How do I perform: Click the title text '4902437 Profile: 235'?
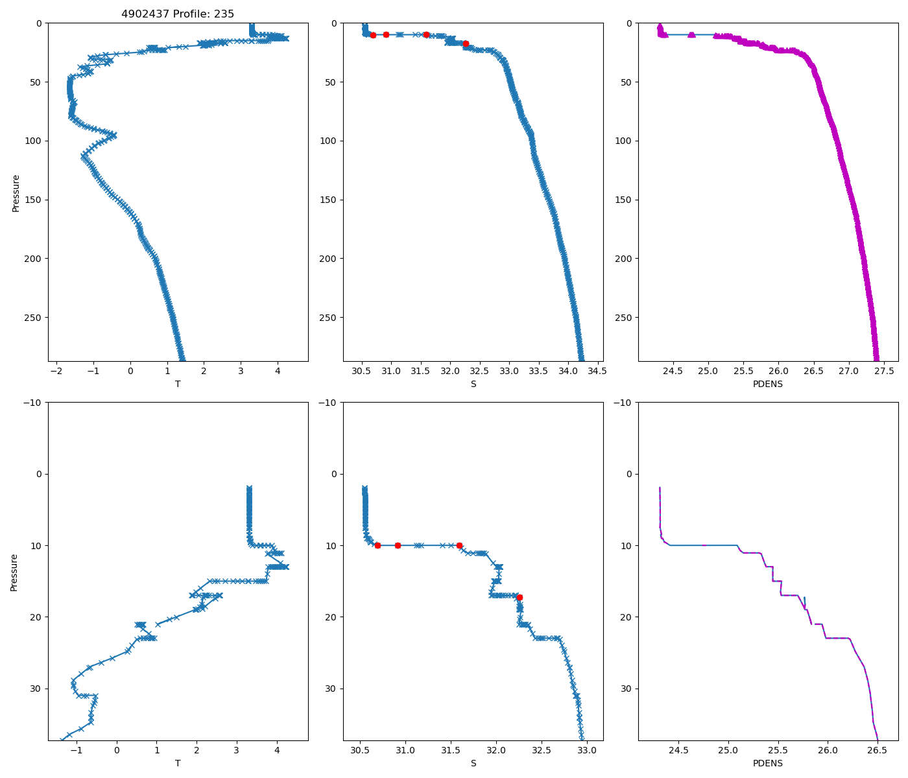coord(178,14)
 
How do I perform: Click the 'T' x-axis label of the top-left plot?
coord(178,384)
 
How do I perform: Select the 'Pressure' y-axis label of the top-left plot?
coord(16,193)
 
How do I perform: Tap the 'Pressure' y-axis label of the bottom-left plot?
coord(14,572)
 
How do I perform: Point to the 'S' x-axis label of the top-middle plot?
coord(473,384)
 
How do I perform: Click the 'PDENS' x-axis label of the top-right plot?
coord(767,384)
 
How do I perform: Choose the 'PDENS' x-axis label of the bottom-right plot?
coord(767,763)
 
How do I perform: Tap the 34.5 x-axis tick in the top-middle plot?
coord(597,371)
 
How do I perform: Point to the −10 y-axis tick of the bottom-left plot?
coord(34,403)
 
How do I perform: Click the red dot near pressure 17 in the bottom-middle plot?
coord(520,597)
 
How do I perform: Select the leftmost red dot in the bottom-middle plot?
coord(377,545)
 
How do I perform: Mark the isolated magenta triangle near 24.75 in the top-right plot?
coord(691,34)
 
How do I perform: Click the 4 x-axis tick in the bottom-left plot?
coord(277,751)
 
